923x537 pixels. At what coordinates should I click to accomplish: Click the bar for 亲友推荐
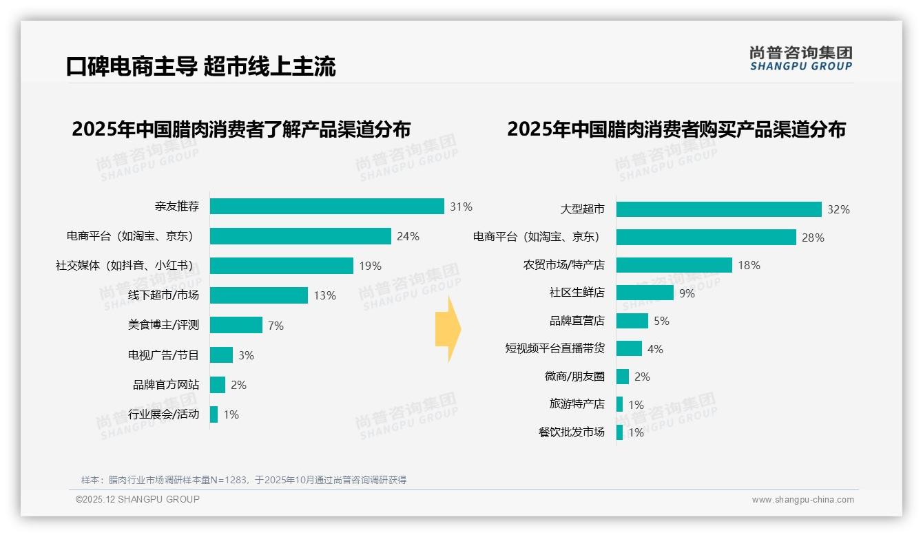point(326,207)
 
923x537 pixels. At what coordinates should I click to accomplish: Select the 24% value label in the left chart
point(408,236)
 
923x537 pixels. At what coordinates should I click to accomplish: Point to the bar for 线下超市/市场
point(259,295)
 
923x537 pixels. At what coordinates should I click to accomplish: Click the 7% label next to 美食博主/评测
point(276,326)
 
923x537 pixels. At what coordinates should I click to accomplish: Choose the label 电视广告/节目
point(163,355)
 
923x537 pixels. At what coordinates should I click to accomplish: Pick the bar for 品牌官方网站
point(218,385)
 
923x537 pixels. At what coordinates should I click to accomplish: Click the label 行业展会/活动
point(163,414)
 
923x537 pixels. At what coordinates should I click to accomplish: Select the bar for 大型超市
point(718,209)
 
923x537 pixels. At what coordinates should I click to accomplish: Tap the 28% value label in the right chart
point(813,238)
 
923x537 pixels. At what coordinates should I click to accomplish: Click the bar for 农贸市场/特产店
point(674,265)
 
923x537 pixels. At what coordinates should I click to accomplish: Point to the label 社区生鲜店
point(577,293)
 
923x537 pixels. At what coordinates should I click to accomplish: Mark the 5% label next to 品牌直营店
point(661,321)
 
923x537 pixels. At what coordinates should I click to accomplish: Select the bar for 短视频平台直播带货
point(629,348)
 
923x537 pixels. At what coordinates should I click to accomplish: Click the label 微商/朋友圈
point(574,377)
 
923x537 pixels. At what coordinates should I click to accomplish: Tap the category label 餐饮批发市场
point(571,432)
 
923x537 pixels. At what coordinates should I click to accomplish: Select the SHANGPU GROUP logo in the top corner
point(800,59)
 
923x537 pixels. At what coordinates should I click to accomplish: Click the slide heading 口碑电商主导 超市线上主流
point(200,67)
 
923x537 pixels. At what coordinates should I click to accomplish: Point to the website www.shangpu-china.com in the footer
point(802,500)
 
